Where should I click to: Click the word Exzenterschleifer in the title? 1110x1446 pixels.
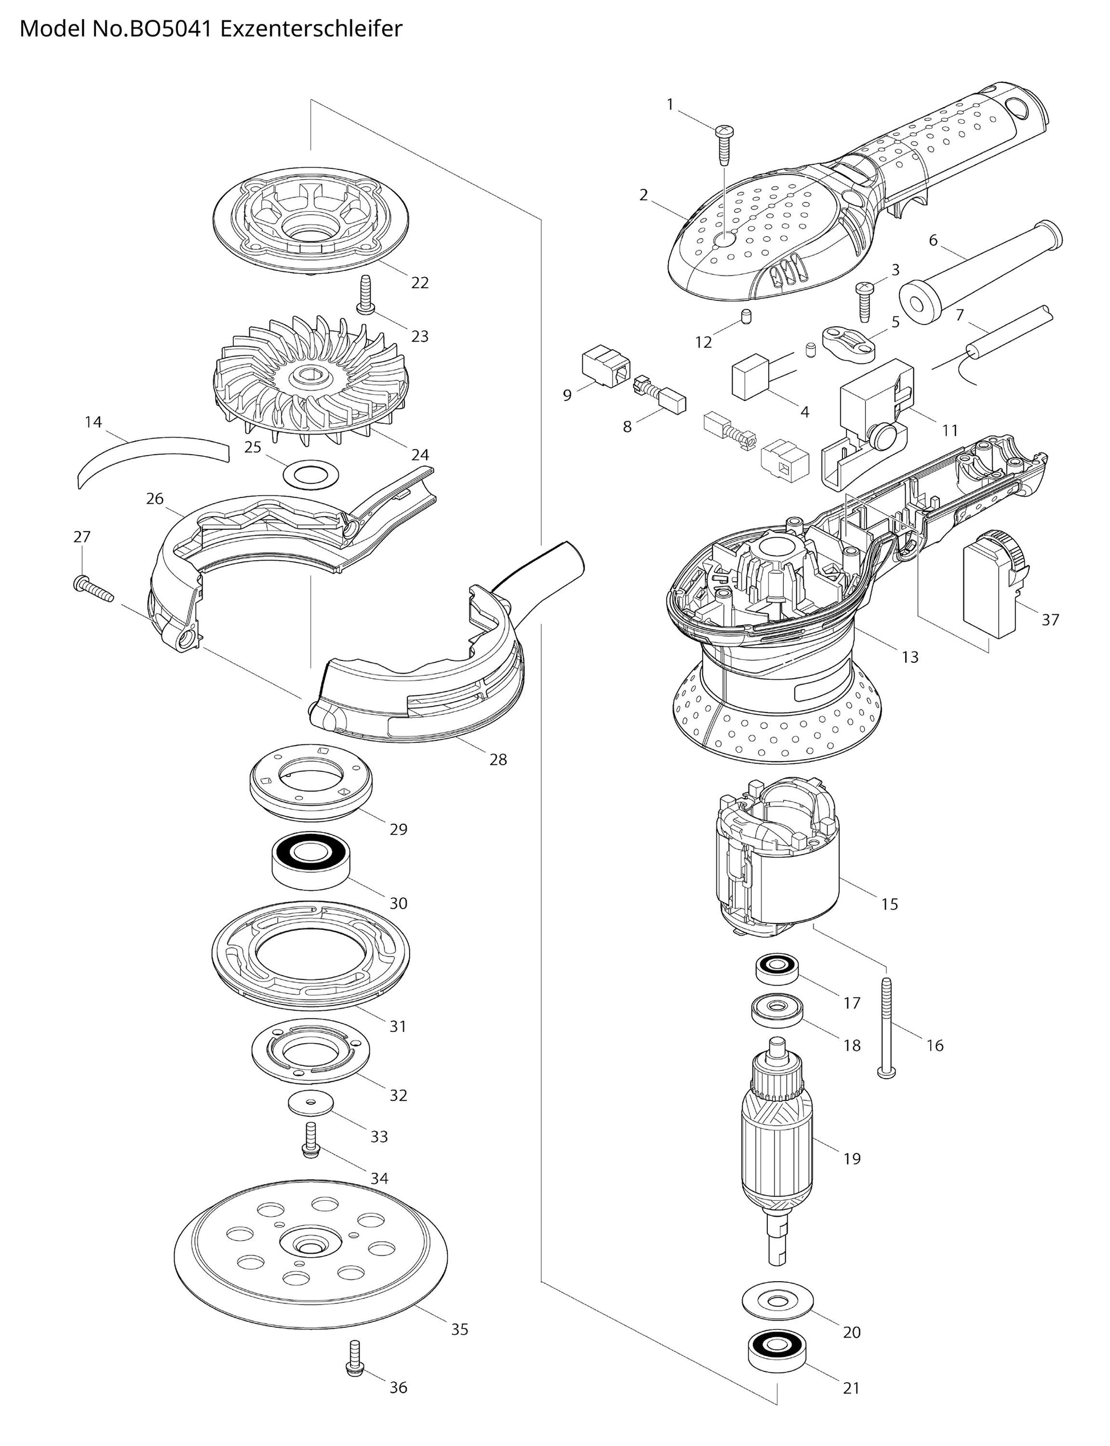coord(310,29)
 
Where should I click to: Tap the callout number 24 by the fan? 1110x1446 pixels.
coord(420,455)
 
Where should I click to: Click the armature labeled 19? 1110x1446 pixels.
coord(780,1149)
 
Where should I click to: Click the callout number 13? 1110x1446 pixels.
coord(910,657)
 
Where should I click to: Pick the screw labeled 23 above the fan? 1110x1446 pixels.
coord(363,294)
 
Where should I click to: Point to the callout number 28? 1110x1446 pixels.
coord(498,759)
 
